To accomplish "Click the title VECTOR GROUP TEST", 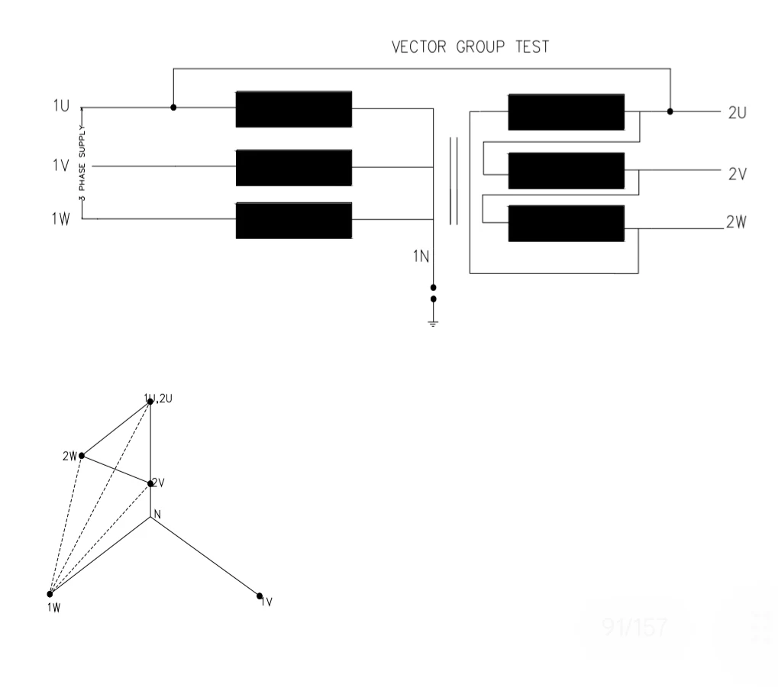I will [x=470, y=47].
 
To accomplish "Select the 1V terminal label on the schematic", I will [x=61, y=165].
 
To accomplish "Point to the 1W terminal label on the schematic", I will [x=61, y=218].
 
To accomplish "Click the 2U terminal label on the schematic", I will [x=736, y=112].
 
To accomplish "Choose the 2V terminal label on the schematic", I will [x=736, y=173].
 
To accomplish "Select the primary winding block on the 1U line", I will [x=293, y=109].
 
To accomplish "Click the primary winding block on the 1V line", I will [x=293, y=168].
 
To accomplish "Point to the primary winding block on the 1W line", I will [x=293, y=221].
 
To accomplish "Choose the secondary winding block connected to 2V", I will [x=566, y=171].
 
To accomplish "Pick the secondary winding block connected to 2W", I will [x=566, y=224].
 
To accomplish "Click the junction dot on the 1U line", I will [x=173, y=108].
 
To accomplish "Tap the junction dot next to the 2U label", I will [x=670, y=111].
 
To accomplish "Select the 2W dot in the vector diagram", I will [x=82, y=456].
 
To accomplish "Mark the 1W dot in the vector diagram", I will [x=50, y=594].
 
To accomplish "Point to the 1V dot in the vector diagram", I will [x=260, y=596].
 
